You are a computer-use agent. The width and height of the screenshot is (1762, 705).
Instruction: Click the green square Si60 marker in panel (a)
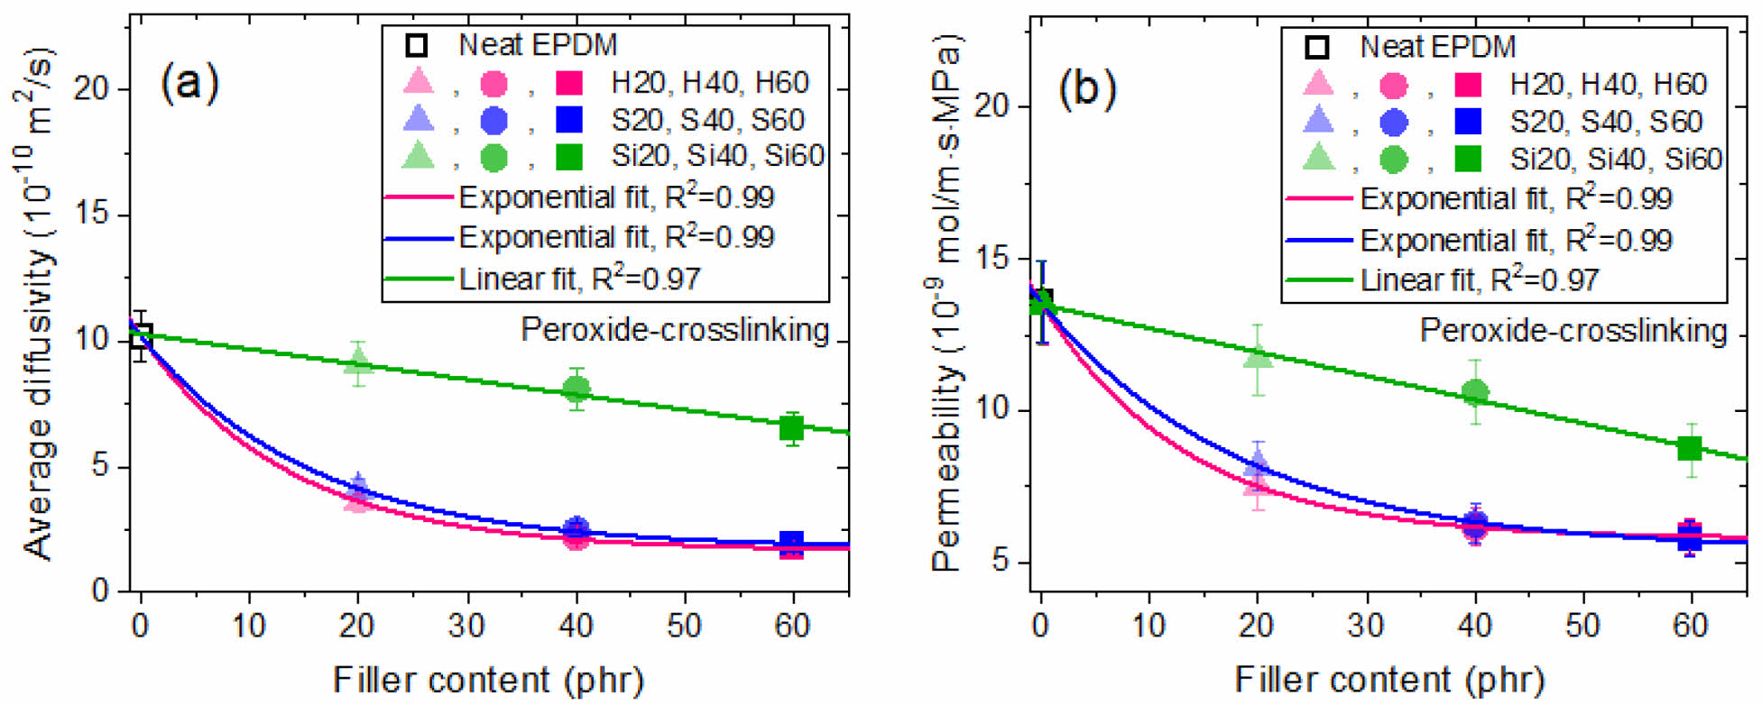coord(791,428)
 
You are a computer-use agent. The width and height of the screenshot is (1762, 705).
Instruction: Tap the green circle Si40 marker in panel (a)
coord(577,389)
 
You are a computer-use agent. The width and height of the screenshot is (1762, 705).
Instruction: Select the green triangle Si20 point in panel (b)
coord(1258,356)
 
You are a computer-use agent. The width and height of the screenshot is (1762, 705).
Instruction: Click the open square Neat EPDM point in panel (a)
coord(141,336)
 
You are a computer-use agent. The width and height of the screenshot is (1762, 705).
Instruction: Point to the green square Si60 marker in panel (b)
coord(1690,448)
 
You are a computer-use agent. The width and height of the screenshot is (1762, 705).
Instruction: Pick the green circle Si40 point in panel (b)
coord(1475,392)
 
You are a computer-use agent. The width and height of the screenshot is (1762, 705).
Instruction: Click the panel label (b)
coord(1088,88)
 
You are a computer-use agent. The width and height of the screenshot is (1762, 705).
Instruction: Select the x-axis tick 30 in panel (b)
coord(1367,625)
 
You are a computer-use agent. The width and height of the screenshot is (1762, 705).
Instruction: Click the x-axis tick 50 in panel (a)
coord(684,625)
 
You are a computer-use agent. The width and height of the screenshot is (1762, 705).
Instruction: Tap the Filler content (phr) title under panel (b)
coord(1389,679)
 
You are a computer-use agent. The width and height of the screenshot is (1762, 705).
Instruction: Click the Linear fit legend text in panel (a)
coord(579,279)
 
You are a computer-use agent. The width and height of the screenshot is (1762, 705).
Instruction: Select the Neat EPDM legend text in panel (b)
coord(1438,46)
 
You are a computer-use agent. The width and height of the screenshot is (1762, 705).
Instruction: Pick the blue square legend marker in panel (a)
coord(569,119)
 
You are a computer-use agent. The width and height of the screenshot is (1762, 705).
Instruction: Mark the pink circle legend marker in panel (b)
coord(1393,85)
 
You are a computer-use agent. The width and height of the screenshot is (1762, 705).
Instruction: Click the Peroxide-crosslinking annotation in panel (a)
coord(675,330)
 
